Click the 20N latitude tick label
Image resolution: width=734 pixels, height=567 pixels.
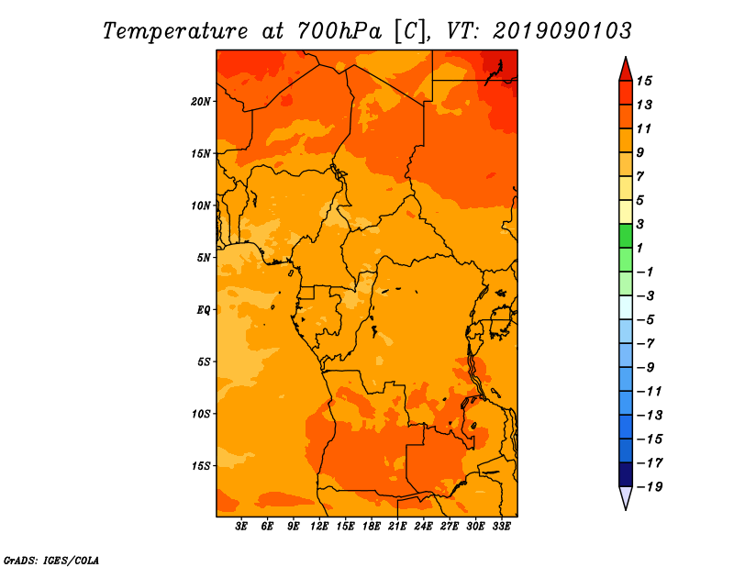pyautogui.click(x=200, y=102)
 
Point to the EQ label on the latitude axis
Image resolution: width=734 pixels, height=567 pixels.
pyautogui.click(x=204, y=310)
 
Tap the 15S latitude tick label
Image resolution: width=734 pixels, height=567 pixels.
pyautogui.click(x=200, y=466)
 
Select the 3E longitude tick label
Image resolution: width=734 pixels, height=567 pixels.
pyautogui.click(x=241, y=527)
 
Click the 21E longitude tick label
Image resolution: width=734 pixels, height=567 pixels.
pyautogui.click(x=397, y=527)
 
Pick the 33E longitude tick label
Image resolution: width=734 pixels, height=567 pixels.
pyautogui.click(x=501, y=527)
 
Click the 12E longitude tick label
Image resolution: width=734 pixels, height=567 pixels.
pyautogui.click(x=319, y=527)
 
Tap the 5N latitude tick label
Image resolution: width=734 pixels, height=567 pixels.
pyautogui.click(x=204, y=258)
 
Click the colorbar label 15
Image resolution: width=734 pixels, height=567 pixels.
pyautogui.click(x=644, y=81)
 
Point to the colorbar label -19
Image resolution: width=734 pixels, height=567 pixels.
pyautogui.click(x=650, y=487)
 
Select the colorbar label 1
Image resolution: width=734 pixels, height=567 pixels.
pyautogui.click(x=639, y=248)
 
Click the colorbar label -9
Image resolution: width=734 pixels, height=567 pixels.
pyautogui.click(x=646, y=368)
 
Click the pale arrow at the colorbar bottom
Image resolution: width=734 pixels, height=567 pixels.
pyautogui.click(x=626, y=496)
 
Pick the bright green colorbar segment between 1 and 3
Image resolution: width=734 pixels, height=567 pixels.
pyautogui.click(x=626, y=236)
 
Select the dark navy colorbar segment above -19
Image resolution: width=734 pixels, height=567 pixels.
pyautogui.click(x=626, y=474)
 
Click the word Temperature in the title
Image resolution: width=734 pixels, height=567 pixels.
pyautogui.click(x=175, y=31)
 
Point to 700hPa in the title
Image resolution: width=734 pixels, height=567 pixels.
pyautogui.click(x=339, y=31)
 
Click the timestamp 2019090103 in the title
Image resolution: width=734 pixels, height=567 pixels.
pyautogui.click(x=562, y=31)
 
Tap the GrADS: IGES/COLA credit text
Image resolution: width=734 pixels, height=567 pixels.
pyautogui.click(x=51, y=561)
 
